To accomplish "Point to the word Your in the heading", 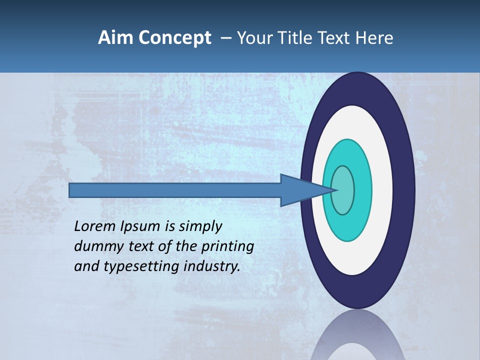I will pyautogui.click(x=254, y=37).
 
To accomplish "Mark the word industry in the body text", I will pyautogui.click(x=212, y=266).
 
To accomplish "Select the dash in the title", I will pyautogui.click(x=225, y=38).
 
